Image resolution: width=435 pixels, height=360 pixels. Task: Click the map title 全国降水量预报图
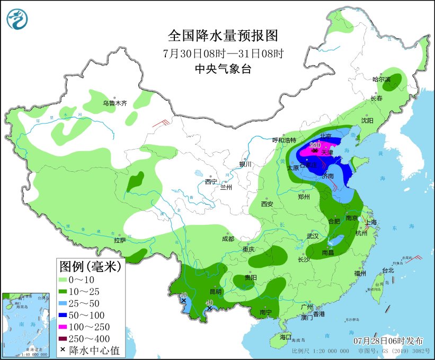click(x=223, y=36)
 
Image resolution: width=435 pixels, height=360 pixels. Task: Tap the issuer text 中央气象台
click(x=223, y=69)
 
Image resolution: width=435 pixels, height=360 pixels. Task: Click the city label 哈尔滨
click(x=380, y=80)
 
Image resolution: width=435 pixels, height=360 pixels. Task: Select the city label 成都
click(x=228, y=239)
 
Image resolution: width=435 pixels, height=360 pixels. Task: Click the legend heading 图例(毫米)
click(x=90, y=266)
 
